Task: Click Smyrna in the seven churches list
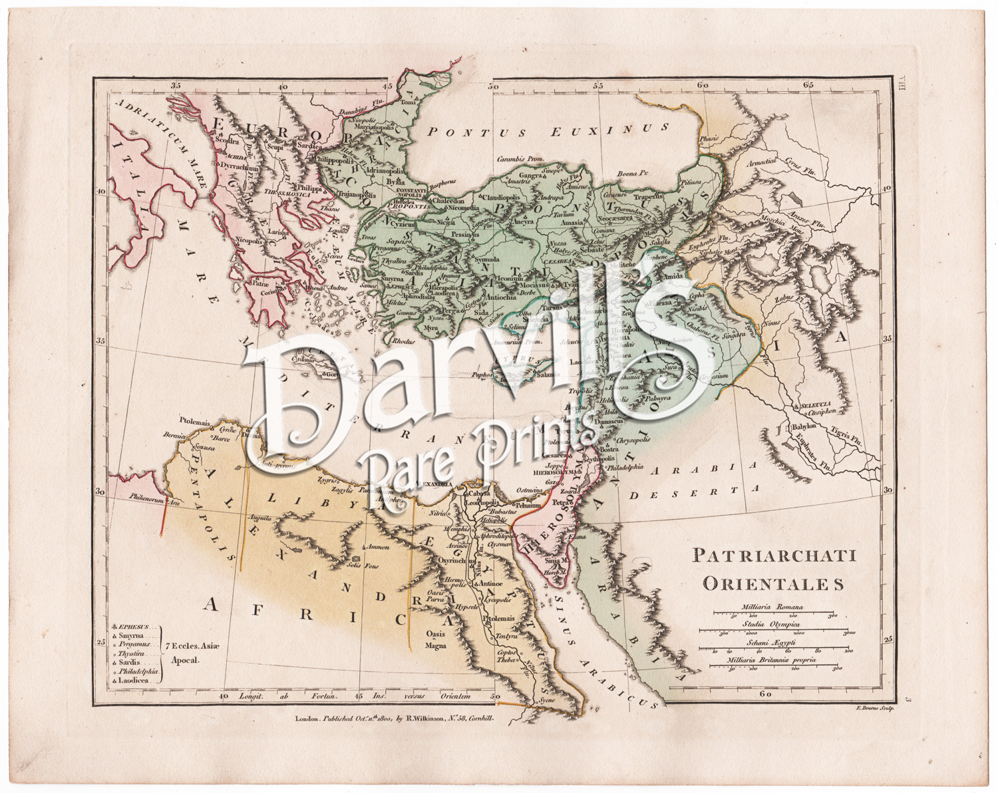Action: (133, 636)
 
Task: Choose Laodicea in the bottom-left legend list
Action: (137, 681)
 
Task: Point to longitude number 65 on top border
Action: (808, 85)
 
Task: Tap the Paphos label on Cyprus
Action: (481, 375)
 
